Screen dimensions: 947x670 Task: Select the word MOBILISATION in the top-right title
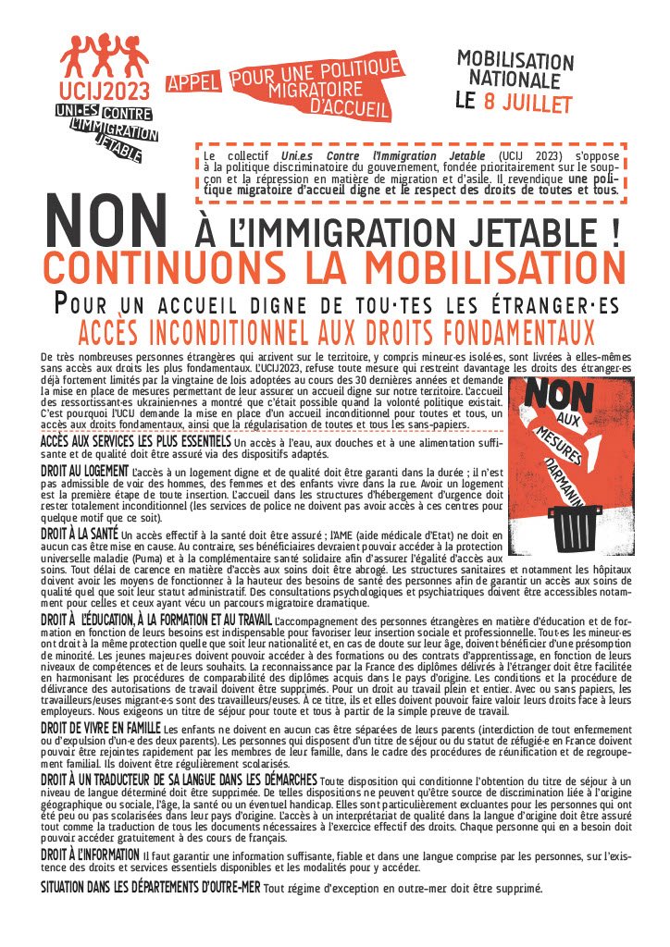point(515,61)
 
